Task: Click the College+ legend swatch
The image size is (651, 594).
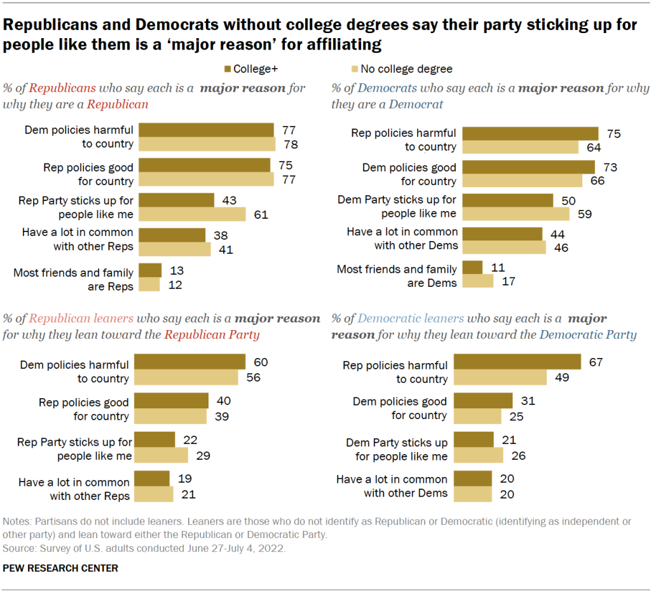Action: [227, 69]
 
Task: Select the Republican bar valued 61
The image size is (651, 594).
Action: [192, 214]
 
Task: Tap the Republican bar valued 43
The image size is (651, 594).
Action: [176, 200]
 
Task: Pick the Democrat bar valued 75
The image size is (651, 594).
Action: [530, 134]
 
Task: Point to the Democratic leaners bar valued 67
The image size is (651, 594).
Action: [521, 362]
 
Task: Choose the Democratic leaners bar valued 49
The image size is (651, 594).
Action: [504, 377]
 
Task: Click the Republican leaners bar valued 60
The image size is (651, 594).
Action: [191, 362]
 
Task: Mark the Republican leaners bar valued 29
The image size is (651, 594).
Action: [163, 455]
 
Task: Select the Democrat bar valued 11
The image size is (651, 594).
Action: [472, 267]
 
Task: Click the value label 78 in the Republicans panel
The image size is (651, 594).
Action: [290, 144]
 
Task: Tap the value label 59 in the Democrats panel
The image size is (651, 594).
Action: [585, 214]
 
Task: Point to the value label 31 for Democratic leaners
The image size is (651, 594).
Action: [528, 401]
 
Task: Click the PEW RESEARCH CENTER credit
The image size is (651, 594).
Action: [60, 568]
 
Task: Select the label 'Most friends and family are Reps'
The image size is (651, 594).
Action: [74, 279]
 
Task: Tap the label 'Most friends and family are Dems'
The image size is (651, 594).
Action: [397, 276]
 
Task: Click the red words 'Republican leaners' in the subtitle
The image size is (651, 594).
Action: [81, 319]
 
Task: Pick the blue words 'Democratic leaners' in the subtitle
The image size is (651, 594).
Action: [411, 319]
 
